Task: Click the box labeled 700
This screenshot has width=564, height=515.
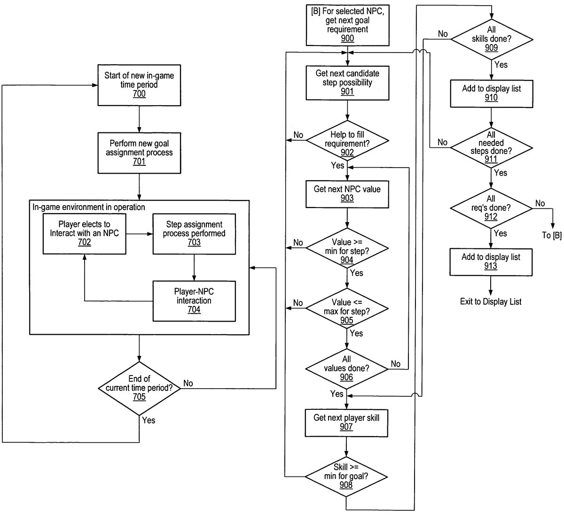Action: (x=139, y=85)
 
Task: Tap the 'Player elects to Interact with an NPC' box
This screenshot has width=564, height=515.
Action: (x=85, y=233)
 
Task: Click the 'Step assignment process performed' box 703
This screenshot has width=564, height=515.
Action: (x=194, y=233)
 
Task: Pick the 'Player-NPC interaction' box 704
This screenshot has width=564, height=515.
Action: (x=194, y=300)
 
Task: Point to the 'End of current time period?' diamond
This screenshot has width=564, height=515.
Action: (x=139, y=388)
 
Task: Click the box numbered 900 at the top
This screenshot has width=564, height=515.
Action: (x=347, y=24)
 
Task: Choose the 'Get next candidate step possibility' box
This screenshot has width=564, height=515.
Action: (x=347, y=83)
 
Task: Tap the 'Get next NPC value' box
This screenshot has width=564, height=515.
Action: (x=347, y=194)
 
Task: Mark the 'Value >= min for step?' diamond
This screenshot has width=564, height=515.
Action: (x=347, y=247)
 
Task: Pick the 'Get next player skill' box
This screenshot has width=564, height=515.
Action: (x=347, y=422)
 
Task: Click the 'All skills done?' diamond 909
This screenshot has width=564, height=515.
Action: (x=492, y=38)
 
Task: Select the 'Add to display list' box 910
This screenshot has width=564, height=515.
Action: (x=492, y=93)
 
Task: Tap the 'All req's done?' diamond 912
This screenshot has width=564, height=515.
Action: (x=492, y=208)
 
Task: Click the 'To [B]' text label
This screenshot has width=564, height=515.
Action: (x=551, y=235)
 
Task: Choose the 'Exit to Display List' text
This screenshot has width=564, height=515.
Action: (x=491, y=301)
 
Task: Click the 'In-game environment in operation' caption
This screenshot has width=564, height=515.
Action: (x=88, y=207)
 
